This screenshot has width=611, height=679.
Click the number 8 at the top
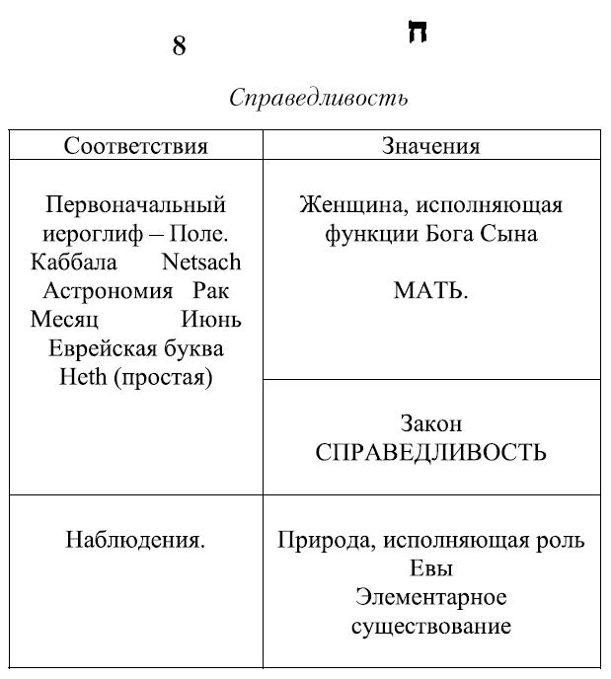click(179, 46)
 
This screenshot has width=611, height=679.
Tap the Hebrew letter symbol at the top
click(417, 33)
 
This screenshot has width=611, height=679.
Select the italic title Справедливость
click(318, 99)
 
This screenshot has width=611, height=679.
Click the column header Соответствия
click(135, 146)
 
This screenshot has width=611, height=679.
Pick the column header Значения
click(430, 146)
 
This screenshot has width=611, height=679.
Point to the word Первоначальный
click(135, 205)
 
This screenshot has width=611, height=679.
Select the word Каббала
click(74, 263)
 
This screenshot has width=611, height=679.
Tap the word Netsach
click(200, 263)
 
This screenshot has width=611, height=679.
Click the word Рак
click(211, 291)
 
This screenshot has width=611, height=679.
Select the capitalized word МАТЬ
click(430, 291)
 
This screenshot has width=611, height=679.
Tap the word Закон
click(430, 423)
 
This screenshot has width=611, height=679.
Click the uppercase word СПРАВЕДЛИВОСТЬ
click(430, 453)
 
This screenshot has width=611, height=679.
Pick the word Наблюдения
click(135, 540)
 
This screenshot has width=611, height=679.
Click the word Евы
click(430, 569)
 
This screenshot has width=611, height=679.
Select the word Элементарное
click(430, 597)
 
